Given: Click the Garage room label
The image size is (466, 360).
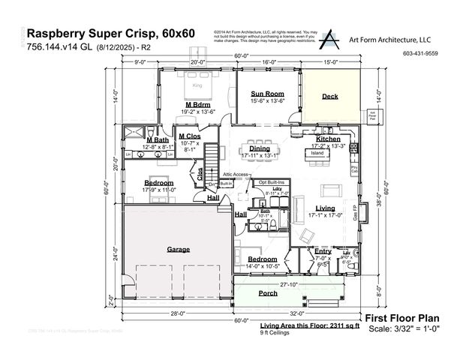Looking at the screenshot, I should click(178, 249).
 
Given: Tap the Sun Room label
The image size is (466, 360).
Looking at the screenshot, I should click(267, 94).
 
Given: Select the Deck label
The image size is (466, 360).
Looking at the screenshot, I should click(330, 97).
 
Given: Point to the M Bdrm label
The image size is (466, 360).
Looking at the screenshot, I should click(197, 104).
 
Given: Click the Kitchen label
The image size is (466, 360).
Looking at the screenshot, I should click(328, 139).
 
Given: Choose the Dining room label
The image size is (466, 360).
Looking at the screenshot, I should click(260, 148).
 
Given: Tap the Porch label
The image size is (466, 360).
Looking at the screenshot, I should click(268, 293).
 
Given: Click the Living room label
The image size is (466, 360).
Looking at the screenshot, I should click(325, 208).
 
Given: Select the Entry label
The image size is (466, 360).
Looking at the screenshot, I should click(323, 251).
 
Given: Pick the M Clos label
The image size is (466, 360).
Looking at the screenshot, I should click(188, 136).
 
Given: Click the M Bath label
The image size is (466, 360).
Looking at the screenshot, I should click(158, 140).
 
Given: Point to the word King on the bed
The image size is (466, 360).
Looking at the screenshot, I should click(198, 86).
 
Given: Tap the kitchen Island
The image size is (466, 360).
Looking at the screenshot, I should click(317, 153).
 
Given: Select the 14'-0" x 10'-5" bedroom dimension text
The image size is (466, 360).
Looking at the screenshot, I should click(262, 266).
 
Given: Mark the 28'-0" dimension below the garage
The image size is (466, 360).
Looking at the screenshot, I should click(177, 313).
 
